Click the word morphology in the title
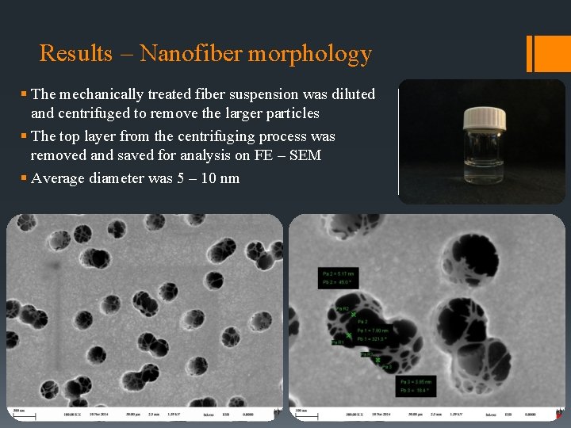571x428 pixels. point(310,55)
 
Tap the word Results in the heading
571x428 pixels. point(76,53)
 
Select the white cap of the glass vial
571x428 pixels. point(484,118)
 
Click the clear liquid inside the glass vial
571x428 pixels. point(484,162)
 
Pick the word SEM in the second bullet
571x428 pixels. point(306,155)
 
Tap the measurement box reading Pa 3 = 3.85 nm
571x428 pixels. point(416,386)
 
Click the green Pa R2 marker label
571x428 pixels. point(343,308)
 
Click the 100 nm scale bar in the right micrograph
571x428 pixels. point(301,411)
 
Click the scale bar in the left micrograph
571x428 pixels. point(17,411)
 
